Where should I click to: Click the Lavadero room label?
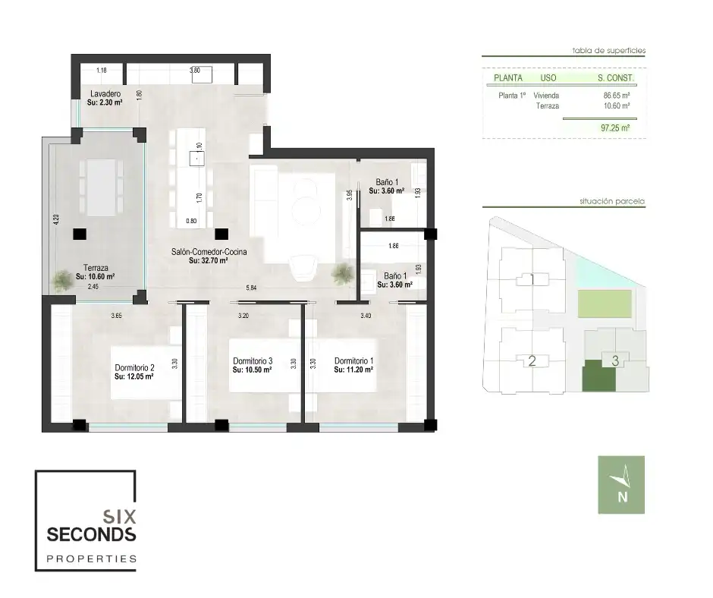click(105, 94)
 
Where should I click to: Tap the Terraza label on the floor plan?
click(96, 268)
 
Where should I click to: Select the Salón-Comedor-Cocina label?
click(209, 252)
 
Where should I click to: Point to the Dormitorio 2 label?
click(134, 368)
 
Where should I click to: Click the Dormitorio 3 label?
click(253, 361)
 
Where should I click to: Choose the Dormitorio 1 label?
click(353, 361)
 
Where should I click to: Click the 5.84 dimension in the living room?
click(251, 288)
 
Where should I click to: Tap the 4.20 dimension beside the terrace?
click(56, 220)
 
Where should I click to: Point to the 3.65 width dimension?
click(116, 316)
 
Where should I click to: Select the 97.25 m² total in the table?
click(615, 128)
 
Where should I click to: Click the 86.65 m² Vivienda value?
click(616, 96)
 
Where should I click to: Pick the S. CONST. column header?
click(615, 78)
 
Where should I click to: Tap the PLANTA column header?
click(508, 78)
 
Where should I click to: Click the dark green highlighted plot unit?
click(599, 376)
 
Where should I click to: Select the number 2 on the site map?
click(532, 361)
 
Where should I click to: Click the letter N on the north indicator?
click(623, 497)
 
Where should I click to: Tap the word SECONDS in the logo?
click(91, 534)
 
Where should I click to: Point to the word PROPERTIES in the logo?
click(91, 559)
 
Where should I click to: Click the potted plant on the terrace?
click(62, 280)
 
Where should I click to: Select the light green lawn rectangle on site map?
click(605, 304)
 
